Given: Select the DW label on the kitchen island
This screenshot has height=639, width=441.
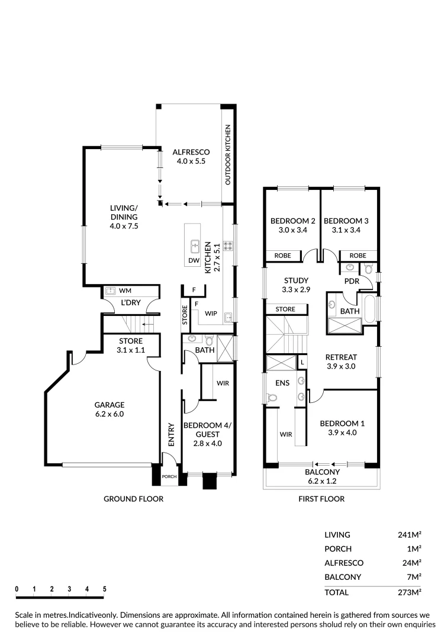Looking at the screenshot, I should (194, 260).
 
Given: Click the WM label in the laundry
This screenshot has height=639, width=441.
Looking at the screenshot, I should (125, 291).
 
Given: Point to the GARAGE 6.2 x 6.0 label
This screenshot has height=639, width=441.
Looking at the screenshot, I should (110, 409).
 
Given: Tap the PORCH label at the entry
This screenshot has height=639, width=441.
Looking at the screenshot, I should (170, 476).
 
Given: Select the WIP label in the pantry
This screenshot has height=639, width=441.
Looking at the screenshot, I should (210, 312).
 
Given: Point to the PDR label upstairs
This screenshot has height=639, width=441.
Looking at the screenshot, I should (352, 281).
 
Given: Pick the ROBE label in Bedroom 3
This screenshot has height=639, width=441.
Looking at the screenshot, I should (358, 256).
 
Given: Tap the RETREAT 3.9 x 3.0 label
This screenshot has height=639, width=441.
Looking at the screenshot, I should (341, 362).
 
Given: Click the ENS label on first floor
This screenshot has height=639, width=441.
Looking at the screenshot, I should (282, 383).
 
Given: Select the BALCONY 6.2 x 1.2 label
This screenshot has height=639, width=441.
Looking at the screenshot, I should (322, 476).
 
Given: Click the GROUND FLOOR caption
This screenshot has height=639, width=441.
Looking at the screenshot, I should (133, 499).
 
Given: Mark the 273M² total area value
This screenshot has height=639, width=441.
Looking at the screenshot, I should (409, 592).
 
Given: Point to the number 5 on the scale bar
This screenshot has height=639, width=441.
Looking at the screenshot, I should (104, 589).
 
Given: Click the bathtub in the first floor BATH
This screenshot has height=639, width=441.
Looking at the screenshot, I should (371, 308).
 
